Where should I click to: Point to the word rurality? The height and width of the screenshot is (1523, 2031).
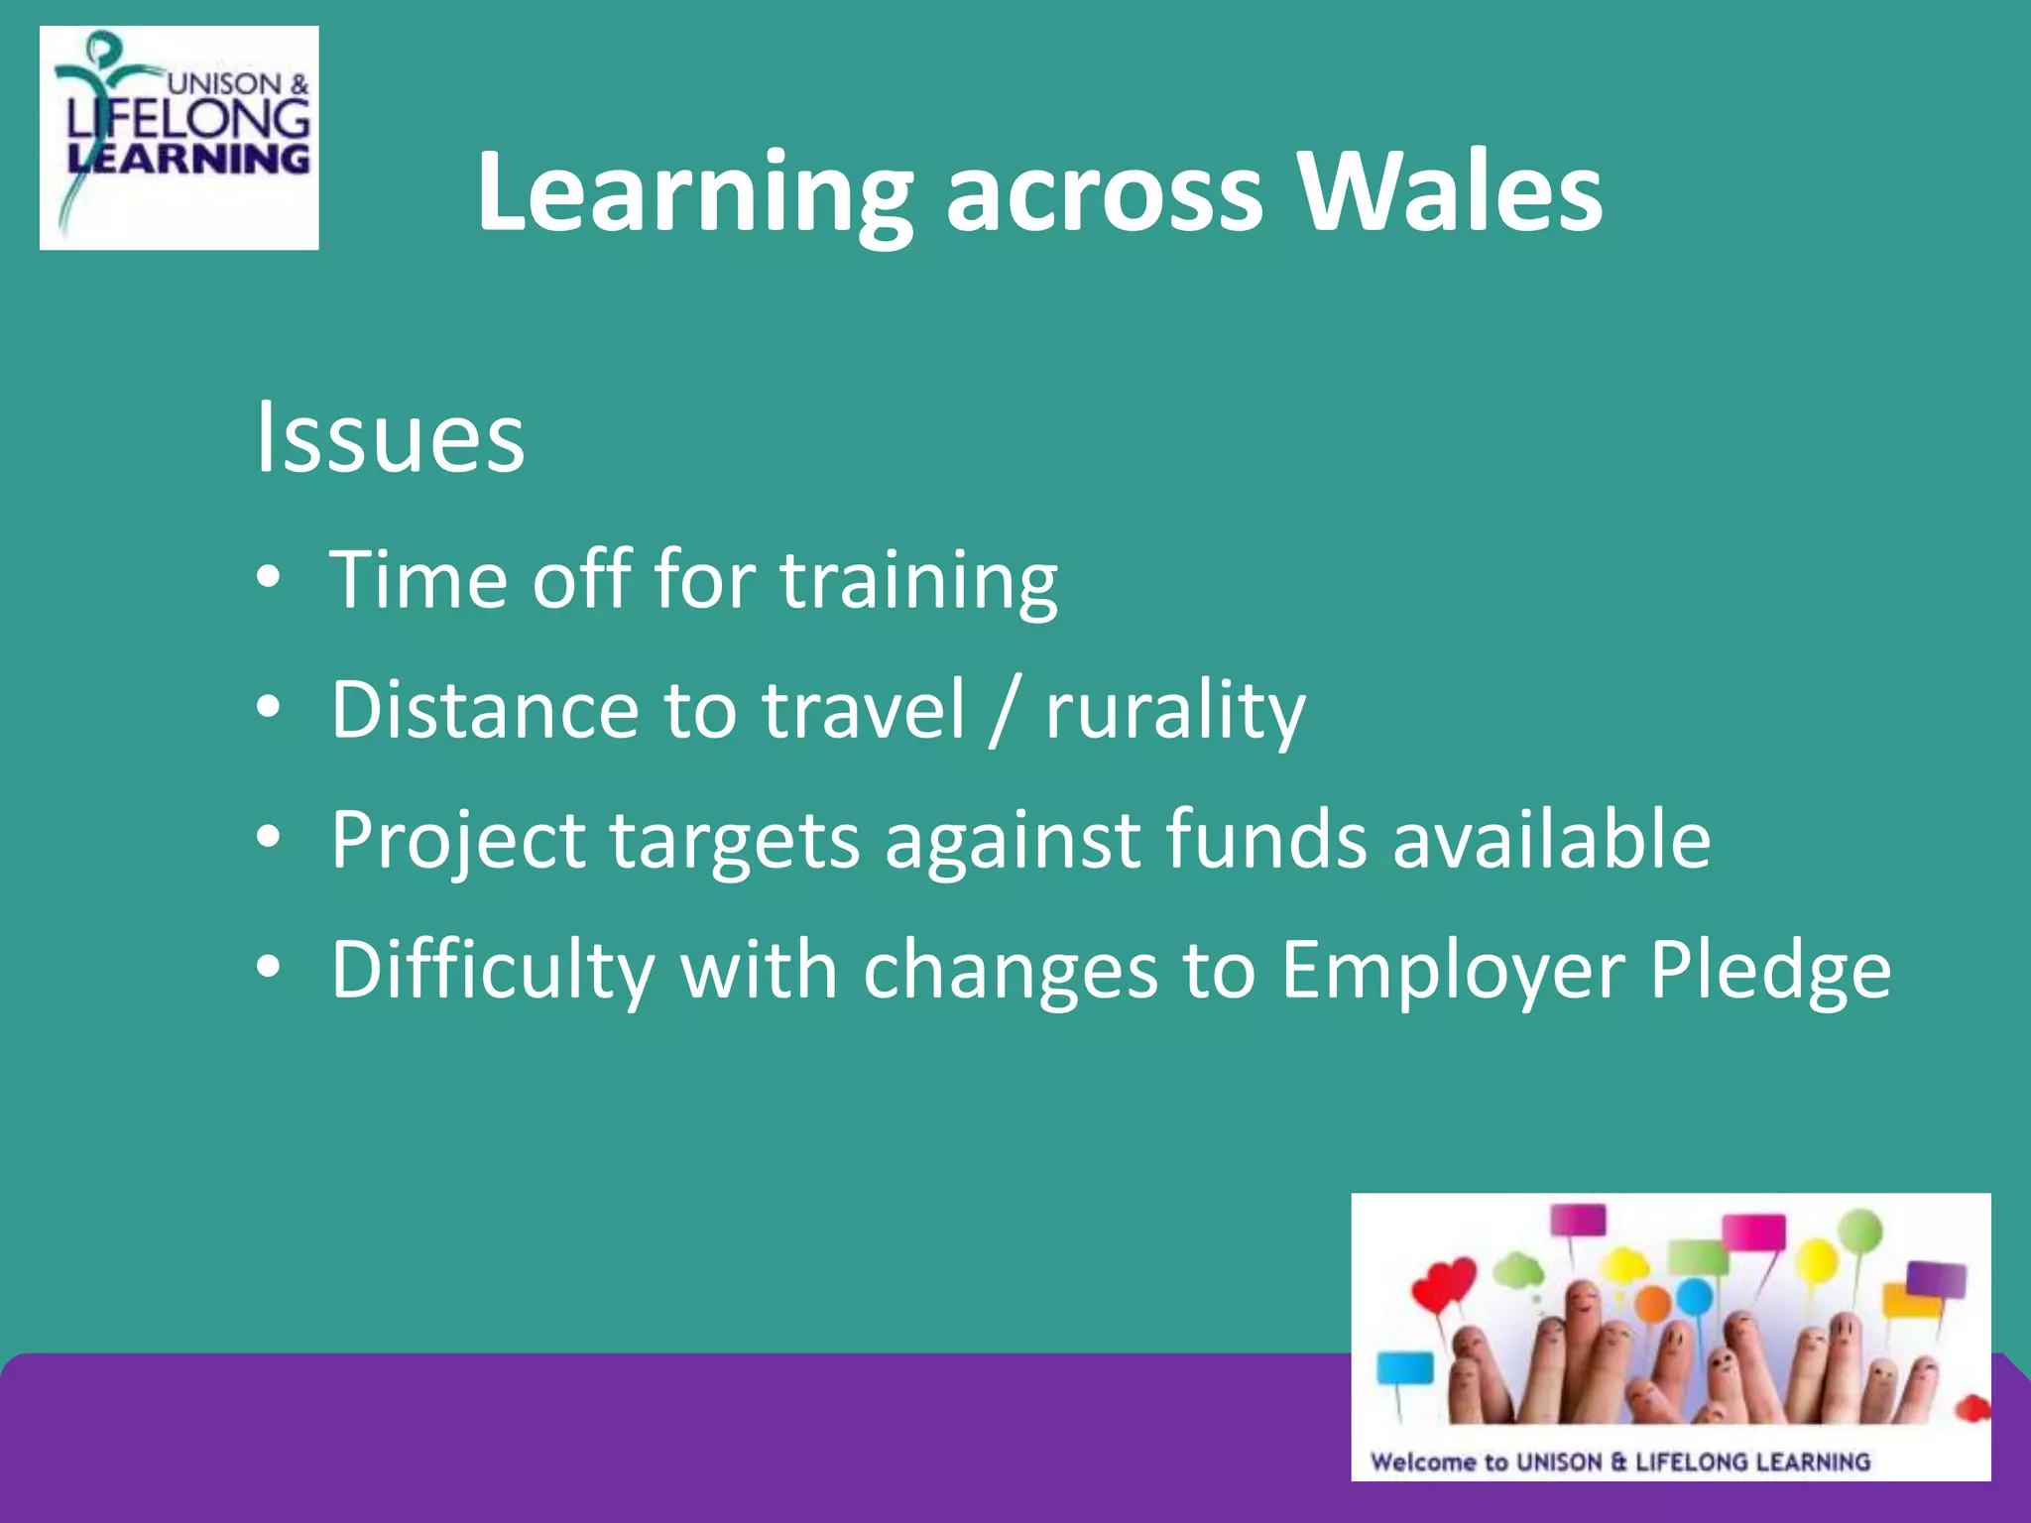click(x=1175, y=710)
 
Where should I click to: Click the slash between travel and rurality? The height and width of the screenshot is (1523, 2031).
click(x=1004, y=710)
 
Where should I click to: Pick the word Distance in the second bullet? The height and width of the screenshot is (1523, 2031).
click(x=484, y=710)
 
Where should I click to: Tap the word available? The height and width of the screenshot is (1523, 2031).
click(x=1551, y=839)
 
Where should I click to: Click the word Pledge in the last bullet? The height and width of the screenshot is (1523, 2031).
click(x=1769, y=971)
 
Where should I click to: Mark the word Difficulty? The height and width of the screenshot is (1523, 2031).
click(x=492, y=971)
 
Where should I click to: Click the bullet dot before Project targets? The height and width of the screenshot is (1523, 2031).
click(x=269, y=838)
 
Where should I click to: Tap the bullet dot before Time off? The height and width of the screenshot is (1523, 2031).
click(x=269, y=578)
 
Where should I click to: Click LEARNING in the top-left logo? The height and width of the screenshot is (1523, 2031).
click(x=188, y=160)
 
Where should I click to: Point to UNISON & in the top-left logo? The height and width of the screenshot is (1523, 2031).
click(x=238, y=84)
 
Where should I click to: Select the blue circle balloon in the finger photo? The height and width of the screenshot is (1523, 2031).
click(x=1694, y=1294)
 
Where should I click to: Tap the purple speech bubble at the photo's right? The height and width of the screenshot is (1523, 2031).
click(x=1936, y=1280)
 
